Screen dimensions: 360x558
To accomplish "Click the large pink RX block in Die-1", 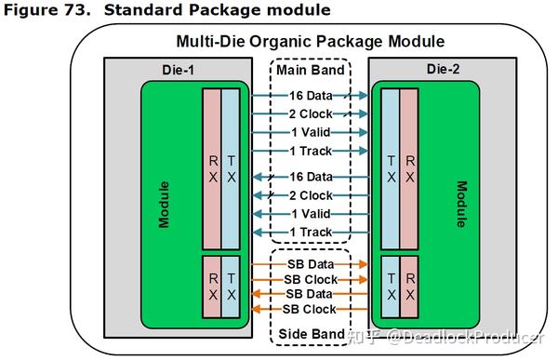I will [x=213, y=168].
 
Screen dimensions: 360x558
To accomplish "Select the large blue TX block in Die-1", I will [x=231, y=168].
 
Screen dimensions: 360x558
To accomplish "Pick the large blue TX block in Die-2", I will [x=391, y=168].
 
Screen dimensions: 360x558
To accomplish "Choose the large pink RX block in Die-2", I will [x=409, y=168].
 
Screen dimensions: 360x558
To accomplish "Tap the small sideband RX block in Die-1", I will [x=213, y=286].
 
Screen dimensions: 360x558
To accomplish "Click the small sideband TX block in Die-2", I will [x=391, y=286].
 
